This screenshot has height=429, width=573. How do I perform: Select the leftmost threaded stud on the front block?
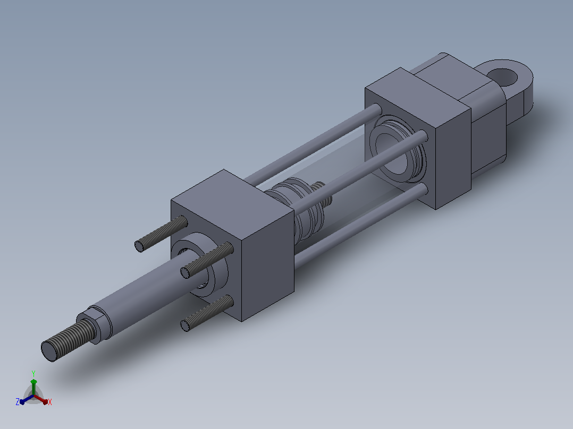pyautogui.click(x=161, y=234)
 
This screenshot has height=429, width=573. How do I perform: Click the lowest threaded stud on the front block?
pyautogui.click(x=207, y=313)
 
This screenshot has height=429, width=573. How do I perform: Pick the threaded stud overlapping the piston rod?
pyautogui.click(x=207, y=260)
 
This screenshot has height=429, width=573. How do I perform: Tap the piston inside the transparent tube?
pyautogui.click(x=300, y=208)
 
